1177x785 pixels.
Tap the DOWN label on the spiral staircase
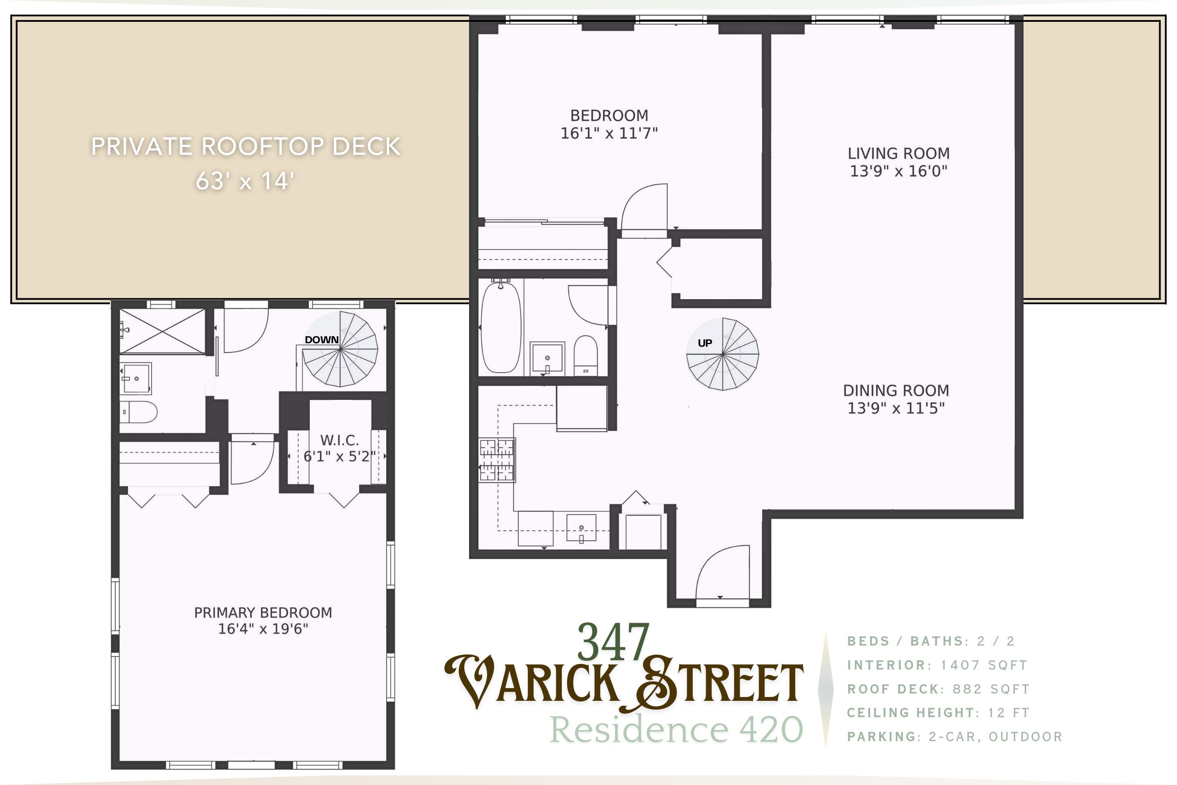click(322, 340)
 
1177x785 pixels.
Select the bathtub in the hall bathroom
click(500, 328)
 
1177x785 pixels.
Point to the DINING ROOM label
click(896, 390)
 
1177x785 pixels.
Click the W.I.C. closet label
click(339, 440)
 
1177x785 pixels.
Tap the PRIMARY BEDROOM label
click(263, 613)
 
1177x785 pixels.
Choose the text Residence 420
click(676, 730)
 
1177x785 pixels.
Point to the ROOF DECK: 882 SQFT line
click(938, 689)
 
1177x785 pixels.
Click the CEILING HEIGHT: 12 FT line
click(938, 713)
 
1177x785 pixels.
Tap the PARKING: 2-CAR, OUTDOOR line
click(954, 737)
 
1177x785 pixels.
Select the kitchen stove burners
click(497, 460)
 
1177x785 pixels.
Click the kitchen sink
click(581, 528)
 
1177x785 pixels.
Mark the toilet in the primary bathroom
click(139, 412)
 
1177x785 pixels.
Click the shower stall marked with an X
click(163, 331)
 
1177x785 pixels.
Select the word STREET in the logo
click(721, 683)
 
